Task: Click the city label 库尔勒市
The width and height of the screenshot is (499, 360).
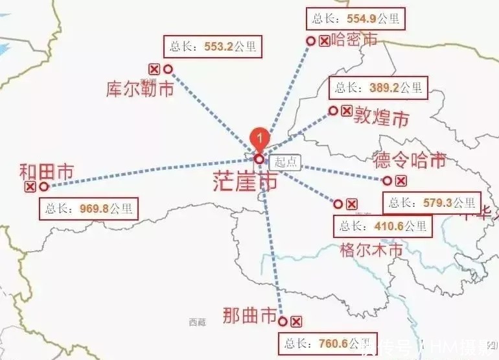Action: coord(140,89)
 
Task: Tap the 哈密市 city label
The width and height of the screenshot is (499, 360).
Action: coord(354,40)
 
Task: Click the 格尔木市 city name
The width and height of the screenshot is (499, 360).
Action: coord(371,250)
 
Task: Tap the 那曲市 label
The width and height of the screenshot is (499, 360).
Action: coord(250,316)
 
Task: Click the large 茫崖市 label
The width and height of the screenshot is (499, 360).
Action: coord(245,182)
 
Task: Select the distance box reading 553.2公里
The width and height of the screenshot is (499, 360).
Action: coord(213,47)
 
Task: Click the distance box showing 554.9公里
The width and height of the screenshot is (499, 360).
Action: coord(355,18)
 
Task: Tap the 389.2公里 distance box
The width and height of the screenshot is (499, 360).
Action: coord(379,87)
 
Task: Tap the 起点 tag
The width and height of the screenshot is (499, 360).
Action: coord(284,162)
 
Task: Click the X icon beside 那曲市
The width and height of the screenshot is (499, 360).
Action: coord(296,321)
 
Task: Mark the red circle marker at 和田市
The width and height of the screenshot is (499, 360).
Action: coord(43,187)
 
